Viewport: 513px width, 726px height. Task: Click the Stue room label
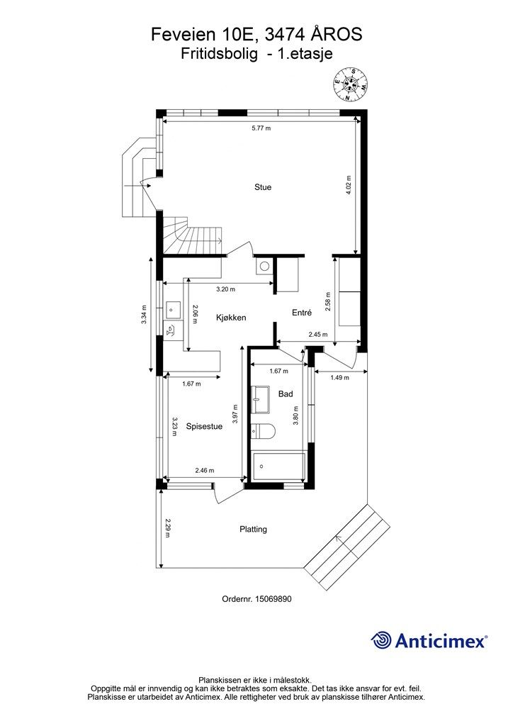[x=263, y=187]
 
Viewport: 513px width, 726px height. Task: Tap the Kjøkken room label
[x=231, y=318]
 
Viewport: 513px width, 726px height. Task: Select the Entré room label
[x=302, y=313]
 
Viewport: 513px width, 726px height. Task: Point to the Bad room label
[x=286, y=394]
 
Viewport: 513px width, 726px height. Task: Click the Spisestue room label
[x=204, y=426]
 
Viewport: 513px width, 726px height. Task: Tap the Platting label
[x=253, y=529]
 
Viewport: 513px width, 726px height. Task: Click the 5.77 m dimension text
[x=261, y=128]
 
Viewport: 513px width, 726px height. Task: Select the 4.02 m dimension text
[x=349, y=185]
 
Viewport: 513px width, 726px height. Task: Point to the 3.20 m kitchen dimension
[x=226, y=289]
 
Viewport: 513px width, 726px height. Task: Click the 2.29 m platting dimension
[x=167, y=528]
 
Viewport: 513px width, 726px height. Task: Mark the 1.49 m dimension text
[x=339, y=377]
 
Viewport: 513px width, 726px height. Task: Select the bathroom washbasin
[x=262, y=399]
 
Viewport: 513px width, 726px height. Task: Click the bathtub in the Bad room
[x=279, y=468]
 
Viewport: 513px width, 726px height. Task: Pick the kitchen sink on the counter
[x=173, y=308]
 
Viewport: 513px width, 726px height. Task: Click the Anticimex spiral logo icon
[x=381, y=640]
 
